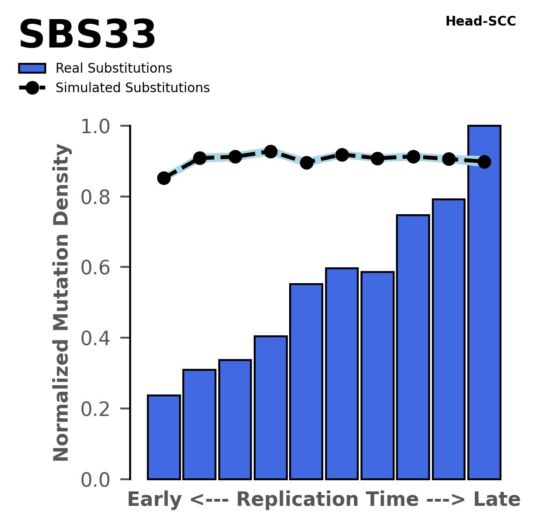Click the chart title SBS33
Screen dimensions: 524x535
click(87, 35)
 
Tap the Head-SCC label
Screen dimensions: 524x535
click(480, 21)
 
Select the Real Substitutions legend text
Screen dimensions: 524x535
click(114, 68)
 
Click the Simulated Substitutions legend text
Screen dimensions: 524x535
click(132, 88)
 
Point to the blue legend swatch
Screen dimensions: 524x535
click(32, 68)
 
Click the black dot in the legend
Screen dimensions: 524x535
click(32, 88)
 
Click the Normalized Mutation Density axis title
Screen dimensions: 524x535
click(62, 303)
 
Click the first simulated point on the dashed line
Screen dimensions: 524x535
click(164, 178)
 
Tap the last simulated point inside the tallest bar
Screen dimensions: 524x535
click(484, 162)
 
